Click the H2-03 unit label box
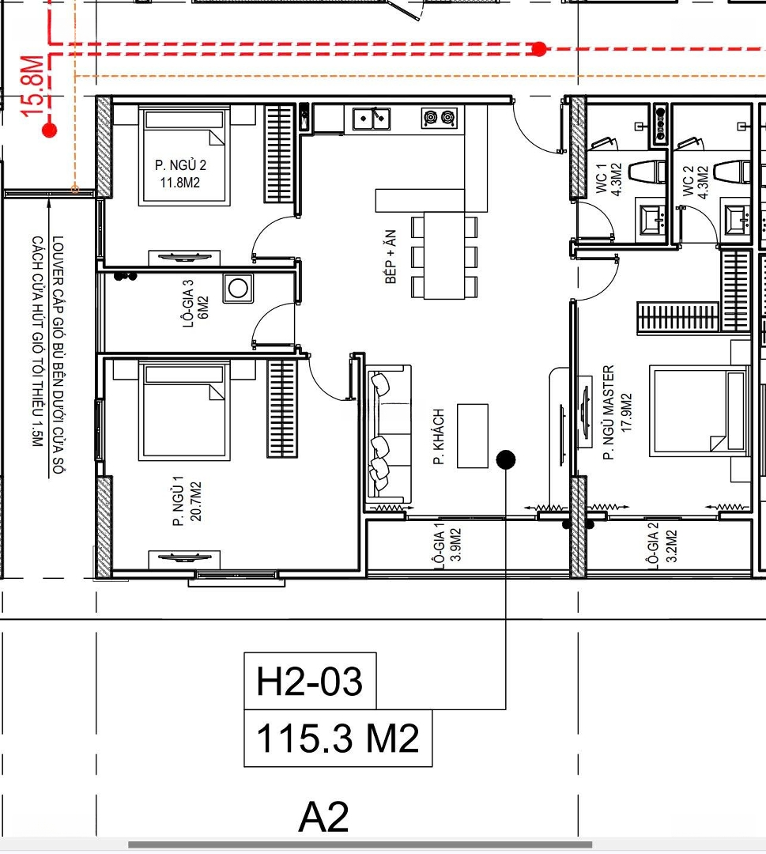(310, 681)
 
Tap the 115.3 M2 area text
(338, 739)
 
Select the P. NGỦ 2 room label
(180, 165)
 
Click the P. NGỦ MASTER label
(609, 412)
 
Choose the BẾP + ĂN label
(391, 256)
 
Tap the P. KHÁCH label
(439, 436)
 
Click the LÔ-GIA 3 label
(188, 304)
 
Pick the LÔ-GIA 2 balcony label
(654, 546)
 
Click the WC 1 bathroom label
(601, 179)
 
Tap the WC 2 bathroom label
(688, 181)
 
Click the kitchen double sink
(372, 118)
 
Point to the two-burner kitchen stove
(439, 117)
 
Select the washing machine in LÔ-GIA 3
(238, 288)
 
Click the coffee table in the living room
(473, 436)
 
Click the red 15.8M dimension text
(32, 85)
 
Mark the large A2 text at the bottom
(324, 817)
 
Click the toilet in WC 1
(647, 172)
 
